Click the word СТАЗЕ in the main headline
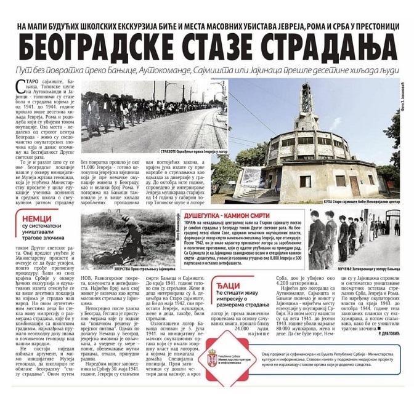pos(203,47)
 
